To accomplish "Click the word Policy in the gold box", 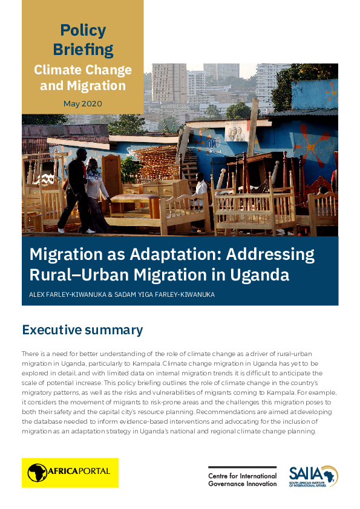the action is click(83, 30).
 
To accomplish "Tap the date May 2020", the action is click(83, 103).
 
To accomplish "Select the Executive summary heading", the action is click(82, 330).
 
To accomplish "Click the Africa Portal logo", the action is click(70, 472).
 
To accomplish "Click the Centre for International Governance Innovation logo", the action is click(242, 476).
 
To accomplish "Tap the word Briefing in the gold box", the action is click(83, 50).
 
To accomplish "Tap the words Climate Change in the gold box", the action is click(83, 70).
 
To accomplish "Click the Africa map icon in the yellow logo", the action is click(37, 472).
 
